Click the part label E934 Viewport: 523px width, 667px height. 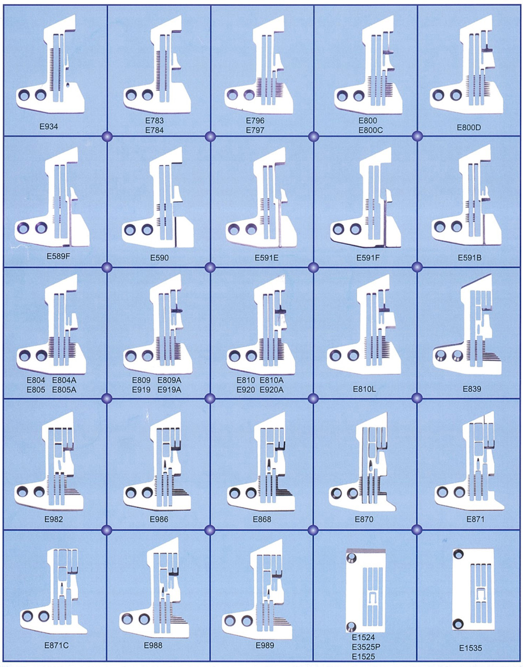pos(49,127)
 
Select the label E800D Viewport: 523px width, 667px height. pos(469,127)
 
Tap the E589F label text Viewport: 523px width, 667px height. pos(58,257)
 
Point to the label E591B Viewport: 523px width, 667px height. pos(470,257)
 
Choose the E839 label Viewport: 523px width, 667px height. pos(472,389)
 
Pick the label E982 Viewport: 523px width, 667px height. pos(53,519)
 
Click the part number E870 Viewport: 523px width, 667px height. pos(364,519)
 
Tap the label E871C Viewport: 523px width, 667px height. pos(56,645)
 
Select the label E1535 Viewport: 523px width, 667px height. pos(471,648)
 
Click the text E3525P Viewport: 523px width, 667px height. pos(366,647)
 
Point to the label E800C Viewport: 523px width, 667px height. pos(370,130)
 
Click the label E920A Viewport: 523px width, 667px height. pos(271,390)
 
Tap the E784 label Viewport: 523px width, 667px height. pos(154,130)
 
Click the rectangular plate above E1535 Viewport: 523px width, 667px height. pos(473,589)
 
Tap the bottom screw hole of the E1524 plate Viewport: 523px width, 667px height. pos(351,626)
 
